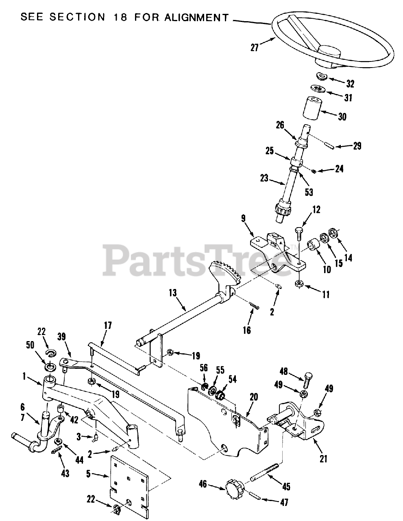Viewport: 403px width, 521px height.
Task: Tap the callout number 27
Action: tap(255, 48)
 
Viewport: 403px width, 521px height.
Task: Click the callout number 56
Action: tap(204, 368)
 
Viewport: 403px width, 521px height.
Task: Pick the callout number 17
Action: tap(107, 326)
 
